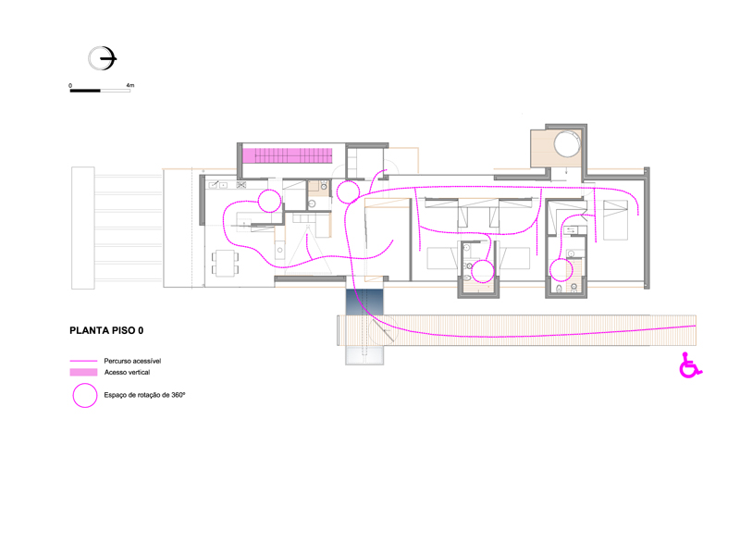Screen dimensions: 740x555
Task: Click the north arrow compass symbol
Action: (102, 58)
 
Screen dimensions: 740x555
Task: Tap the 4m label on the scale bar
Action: (130, 85)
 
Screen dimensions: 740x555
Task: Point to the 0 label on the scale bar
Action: (70, 85)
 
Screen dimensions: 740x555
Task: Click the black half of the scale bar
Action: (85, 91)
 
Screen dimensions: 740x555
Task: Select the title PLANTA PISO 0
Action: (106, 330)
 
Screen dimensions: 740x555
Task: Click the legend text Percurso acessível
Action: (132, 361)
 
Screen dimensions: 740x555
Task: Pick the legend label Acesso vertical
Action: (127, 373)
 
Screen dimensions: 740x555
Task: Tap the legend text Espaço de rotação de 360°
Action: (144, 395)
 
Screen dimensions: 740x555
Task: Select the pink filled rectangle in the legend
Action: (83, 373)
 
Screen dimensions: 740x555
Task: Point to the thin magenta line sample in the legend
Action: (83, 361)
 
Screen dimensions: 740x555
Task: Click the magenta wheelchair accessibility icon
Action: (690, 365)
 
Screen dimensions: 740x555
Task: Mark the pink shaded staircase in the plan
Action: (288, 155)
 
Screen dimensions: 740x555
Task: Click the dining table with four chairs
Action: (225, 264)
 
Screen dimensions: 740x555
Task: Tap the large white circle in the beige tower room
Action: (567, 144)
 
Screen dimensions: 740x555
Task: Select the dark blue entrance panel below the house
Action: (364, 302)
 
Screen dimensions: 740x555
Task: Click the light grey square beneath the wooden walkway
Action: (364, 355)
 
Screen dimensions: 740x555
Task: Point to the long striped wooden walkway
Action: (516, 330)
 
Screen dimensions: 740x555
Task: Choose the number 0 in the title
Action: (141, 330)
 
